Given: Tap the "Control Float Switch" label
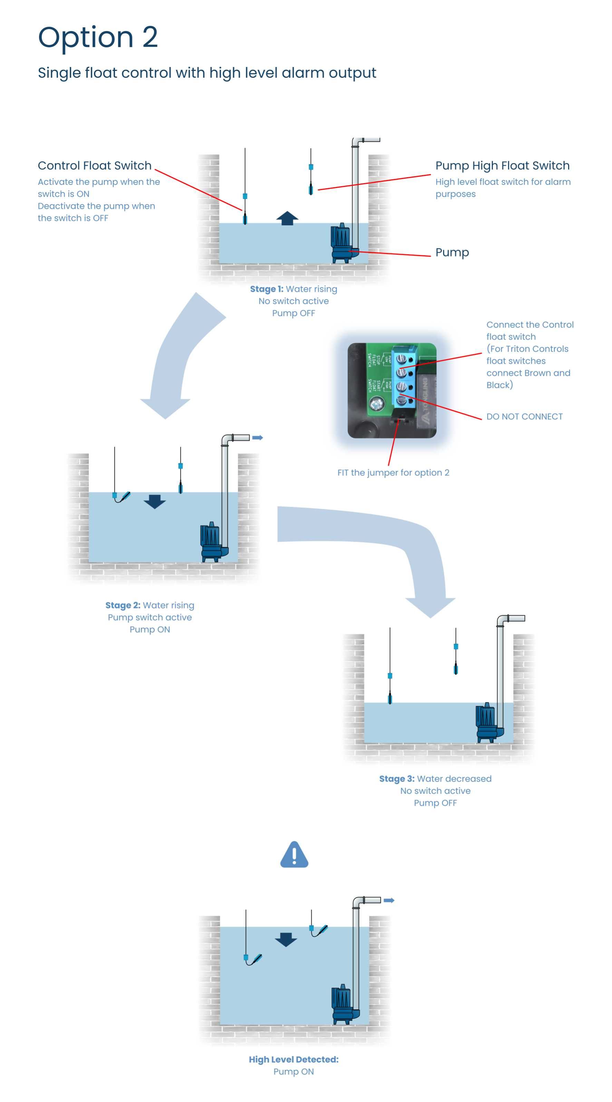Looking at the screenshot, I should coord(95,165).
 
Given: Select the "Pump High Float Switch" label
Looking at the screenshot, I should coord(502,165).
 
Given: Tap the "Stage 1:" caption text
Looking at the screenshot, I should coord(266,289).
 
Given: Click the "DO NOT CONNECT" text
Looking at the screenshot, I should coord(524,416).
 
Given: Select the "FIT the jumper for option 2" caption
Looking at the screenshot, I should coord(393,473).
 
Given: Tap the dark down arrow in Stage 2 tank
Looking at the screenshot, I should coord(155,501).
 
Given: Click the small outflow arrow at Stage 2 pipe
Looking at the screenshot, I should coord(257,438).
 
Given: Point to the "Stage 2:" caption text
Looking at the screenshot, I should coord(123,605).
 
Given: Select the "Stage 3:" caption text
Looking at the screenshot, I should coord(396,779).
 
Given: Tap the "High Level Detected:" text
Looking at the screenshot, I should coord(294,1059).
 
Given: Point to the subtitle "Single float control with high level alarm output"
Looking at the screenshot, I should coord(207,73).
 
